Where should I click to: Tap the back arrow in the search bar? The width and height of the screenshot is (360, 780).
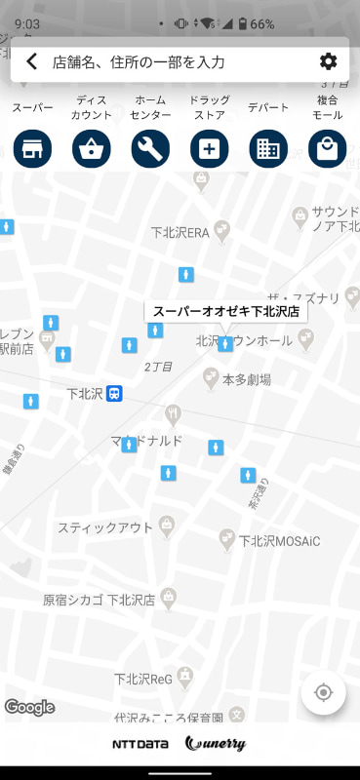point(32,62)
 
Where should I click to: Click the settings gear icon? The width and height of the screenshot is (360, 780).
point(328,62)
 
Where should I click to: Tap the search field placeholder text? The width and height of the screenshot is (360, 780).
point(139,62)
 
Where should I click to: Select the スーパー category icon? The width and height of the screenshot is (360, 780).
point(32,149)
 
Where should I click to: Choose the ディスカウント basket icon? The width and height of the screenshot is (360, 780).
point(92,149)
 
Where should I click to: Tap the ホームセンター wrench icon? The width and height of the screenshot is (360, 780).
point(150,149)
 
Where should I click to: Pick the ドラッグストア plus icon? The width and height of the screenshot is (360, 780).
point(209,149)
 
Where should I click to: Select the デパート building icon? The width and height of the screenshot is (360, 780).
point(268,149)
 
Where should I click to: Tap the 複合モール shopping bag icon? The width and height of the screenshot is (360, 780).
point(327,149)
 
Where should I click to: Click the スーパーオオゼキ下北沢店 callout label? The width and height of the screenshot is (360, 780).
point(225,312)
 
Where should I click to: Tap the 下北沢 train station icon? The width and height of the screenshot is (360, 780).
point(115,394)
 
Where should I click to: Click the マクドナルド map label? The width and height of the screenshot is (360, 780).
point(146,441)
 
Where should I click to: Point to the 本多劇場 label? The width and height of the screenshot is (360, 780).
point(247,379)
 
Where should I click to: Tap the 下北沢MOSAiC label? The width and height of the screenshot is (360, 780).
point(280,540)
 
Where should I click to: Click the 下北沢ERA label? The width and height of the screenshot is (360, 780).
point(180,233)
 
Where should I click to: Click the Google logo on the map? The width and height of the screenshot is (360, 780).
point(29,707)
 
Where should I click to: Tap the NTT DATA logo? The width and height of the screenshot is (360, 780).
point(140,744)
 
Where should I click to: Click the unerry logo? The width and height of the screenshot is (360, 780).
point(215,744)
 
